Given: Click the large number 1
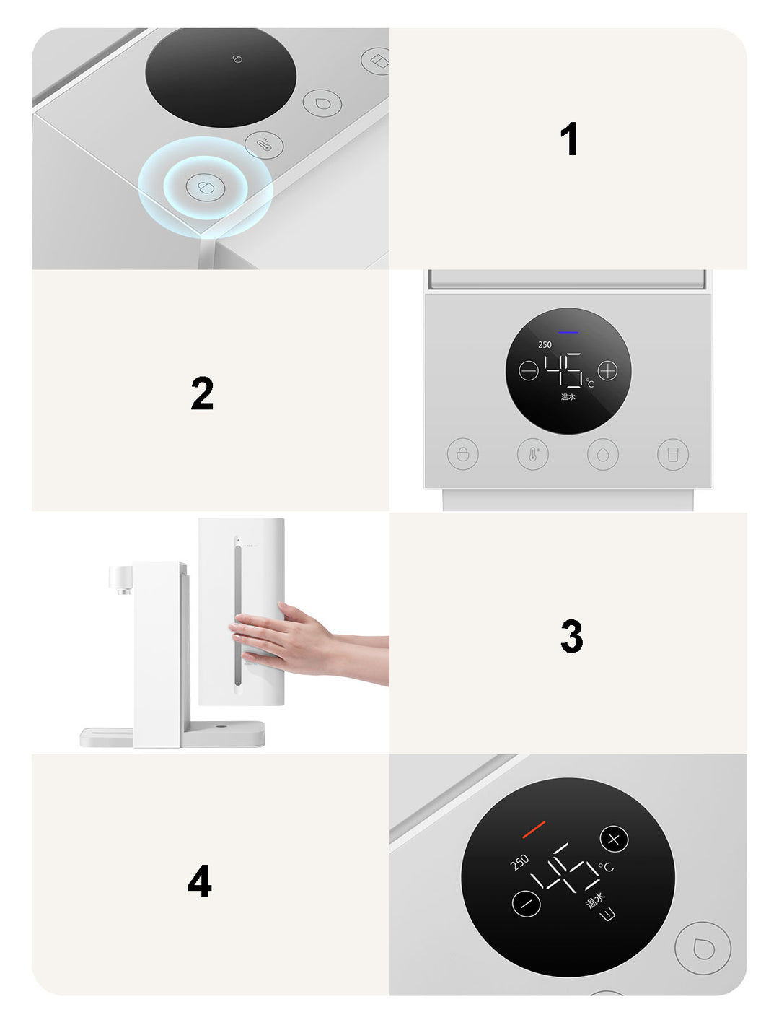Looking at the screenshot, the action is pyautogui.click(x=569, y=139).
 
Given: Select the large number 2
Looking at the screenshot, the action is pyautogui.click(x=202, y=393).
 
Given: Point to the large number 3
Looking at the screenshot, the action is pyautogui.click(x=571, y=636).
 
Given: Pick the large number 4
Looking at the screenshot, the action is pyautogui.click(x=200, y=881).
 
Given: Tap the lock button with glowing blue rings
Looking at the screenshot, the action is pyautogui.click(x=205, y=187).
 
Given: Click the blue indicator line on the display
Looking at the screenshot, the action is pyautogui.click(x=568, y=332).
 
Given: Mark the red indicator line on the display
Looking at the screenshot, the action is pyautogui.click(x=534, y=829).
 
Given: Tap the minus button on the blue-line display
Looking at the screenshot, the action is pyautogui.click(x=528, y=371).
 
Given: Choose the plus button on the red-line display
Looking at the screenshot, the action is pyautogui.click(x=614, y=840).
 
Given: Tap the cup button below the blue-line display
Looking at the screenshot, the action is pyautogui.click(x=673, y=454).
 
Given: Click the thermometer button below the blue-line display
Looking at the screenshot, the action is pyautogui.click(x=532, y=453).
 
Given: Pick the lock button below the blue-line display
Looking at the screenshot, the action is pyautogui.click(x=462, y=453).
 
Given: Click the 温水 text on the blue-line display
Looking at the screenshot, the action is pyautogui.click(x=568, y=397).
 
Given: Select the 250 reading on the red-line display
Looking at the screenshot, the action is pyautogui.click(x=519, y=862).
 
